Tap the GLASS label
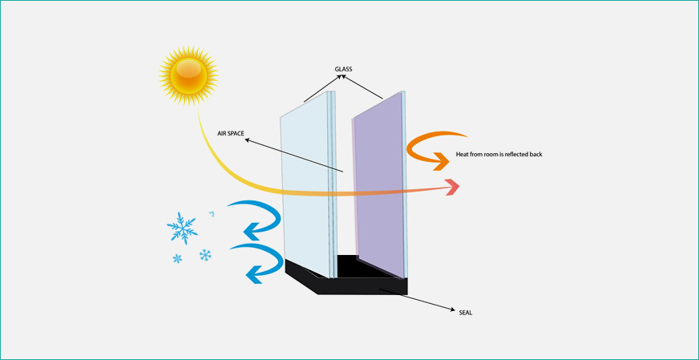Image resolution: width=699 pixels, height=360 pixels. pyautogui.click(x=344, y=69)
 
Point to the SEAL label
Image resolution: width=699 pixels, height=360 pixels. pyautogui.click(x=463, y=312)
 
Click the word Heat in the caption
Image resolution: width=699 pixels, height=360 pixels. pyautogui.click(x=463, y=153)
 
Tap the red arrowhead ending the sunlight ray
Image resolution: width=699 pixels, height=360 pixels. pyautogui.click(x=453, y=188)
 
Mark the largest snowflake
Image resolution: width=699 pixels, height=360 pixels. pyautogui.click(x=182, y=228)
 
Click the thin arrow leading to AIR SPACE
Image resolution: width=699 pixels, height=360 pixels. pyautogui.click(x=293, y=155)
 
